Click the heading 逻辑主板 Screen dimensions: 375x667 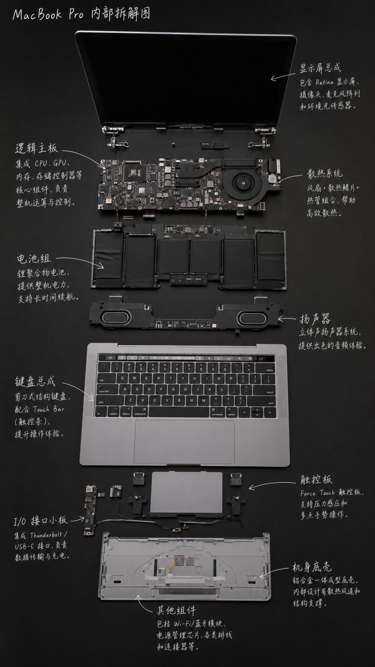[37, 149]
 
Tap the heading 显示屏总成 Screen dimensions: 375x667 [320, 68]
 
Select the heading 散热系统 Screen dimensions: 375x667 [325, 173]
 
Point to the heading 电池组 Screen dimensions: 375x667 [33, 259]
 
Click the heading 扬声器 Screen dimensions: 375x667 [315, 319]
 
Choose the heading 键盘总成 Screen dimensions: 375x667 [35, 382]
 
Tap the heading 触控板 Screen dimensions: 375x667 [316, 479]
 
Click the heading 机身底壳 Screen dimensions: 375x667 [312, 567]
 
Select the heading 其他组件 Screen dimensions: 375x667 [176, 611]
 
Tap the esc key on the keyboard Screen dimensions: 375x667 [110, 358]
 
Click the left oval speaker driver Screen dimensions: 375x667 [115, 318]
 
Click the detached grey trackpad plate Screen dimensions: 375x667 [186, 493]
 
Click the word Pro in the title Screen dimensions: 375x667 [76, 15]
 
